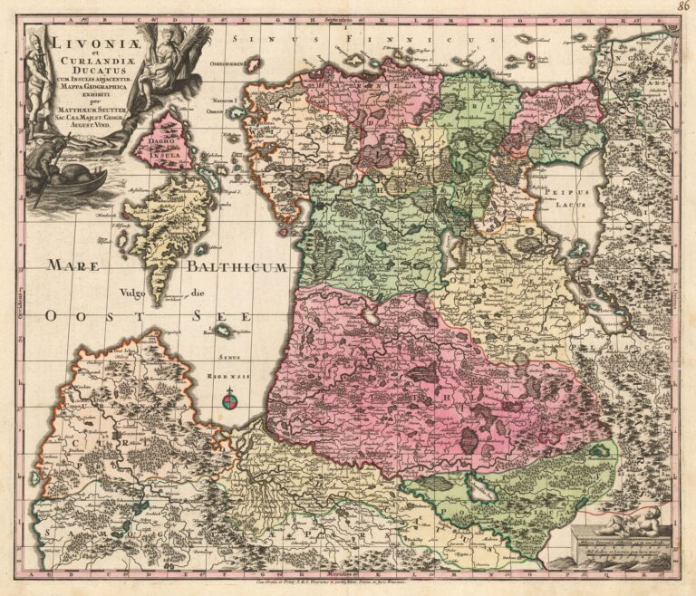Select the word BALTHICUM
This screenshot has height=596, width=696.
[x=237, y=267]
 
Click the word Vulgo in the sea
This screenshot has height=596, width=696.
[x=133, y=293]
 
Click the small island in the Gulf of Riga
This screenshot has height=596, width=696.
[x=222, y=332]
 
